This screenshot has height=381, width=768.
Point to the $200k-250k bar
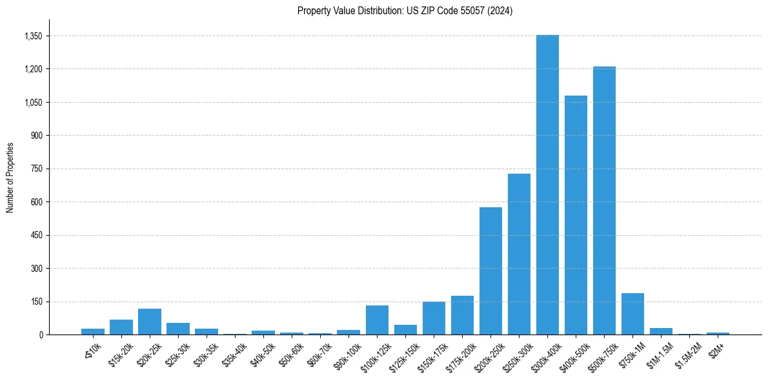click(x=490, y=271)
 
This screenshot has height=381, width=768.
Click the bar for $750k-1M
click(x=632, y=314)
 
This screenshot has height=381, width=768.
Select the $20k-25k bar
click(x=150, y=322)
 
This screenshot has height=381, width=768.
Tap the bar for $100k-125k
click(x=377, y=320)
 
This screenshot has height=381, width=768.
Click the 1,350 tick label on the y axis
click(x=33, y=36)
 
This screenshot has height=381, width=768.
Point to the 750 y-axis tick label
click(x=37, y=169)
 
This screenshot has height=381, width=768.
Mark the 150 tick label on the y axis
click(x=37, y=302)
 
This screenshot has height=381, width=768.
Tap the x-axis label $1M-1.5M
click(x=659, y=355)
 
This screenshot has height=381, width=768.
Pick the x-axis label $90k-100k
click(x=347, y=355)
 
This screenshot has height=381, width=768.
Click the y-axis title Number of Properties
click(x=10, y=177)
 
